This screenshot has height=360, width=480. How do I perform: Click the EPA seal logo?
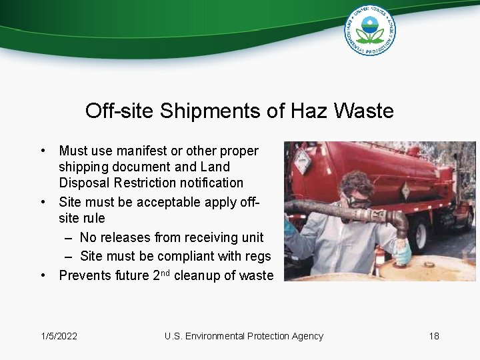pyautogui.click(x=370, y=30)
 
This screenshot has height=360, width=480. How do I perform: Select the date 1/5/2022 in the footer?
pyautogui.click(x=59, y=336)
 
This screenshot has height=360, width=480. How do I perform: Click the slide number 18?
pyautogui.click(x=434, y=336)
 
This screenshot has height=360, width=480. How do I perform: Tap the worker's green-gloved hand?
pyautogui.click(x=403, y=252)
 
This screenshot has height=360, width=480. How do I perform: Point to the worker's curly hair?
pyautogui.click(x=356, y=181)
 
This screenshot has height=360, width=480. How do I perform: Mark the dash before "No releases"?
pyautogui.click(x=69, y=237)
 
